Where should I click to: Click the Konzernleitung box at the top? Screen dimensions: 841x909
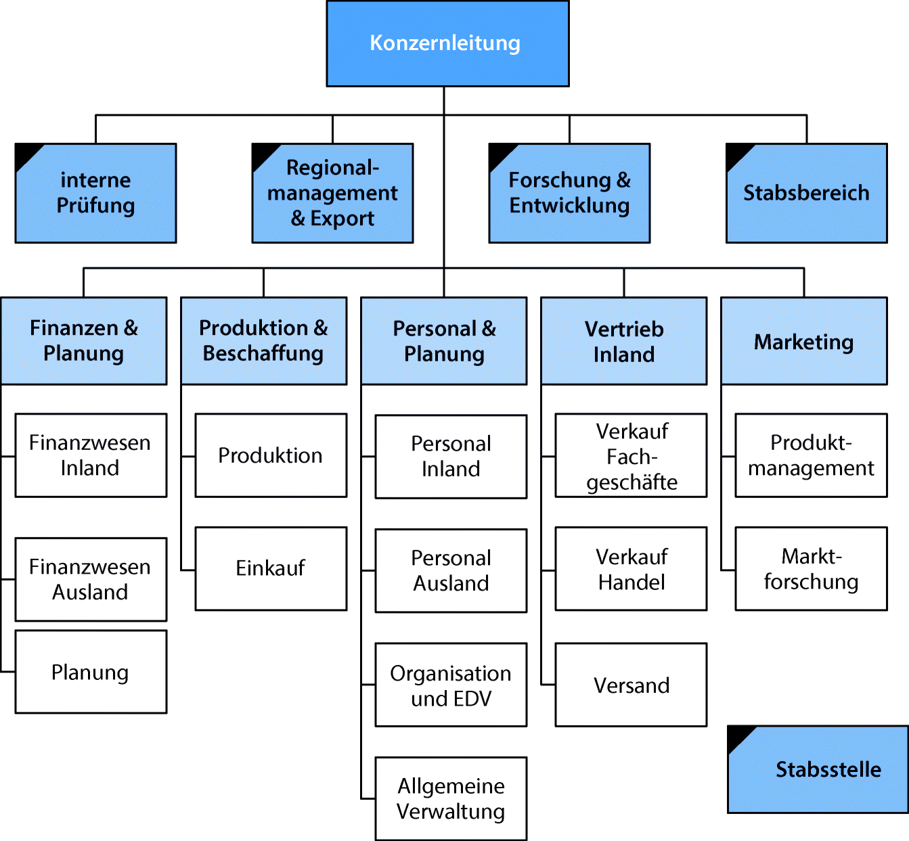(447, 43)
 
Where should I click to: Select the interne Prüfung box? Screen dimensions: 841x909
(95, 193)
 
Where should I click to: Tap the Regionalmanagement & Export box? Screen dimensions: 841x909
(332, 193)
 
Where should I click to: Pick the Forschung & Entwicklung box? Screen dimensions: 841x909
(569, 193)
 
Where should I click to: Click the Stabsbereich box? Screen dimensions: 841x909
(806, 193)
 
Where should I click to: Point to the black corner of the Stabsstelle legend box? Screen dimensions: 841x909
(738, 735)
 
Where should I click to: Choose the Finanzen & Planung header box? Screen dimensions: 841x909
(84, 341)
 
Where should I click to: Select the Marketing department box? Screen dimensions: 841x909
(804, 341)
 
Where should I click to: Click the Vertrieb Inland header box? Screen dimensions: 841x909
(624, 341)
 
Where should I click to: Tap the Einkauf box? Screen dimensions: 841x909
(271, 568)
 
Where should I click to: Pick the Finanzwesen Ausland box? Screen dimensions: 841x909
(91, 579)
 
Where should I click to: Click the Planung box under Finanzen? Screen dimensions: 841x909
(91, 672)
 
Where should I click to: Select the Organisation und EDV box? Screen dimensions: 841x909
(451, 685)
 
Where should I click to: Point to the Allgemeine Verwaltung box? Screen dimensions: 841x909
(451, 798)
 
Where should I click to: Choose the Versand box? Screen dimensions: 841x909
(631, 685)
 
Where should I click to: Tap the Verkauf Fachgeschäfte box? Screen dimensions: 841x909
(631, 455)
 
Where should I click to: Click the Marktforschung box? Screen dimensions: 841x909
(811, 568)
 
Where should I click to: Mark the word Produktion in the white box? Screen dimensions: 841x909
(270, 455)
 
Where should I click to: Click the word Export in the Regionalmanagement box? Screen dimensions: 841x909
(342, 219)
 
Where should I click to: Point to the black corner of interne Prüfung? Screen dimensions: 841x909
(25, 153)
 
